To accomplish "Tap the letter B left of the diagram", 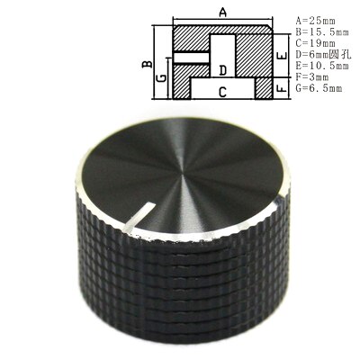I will tap(143, 64).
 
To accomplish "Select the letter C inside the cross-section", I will tap(221, 91).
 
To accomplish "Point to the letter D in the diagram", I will tap(222, 69).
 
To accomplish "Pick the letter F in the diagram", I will tap(282, 89).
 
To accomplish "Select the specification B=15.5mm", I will tap(320, 31).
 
